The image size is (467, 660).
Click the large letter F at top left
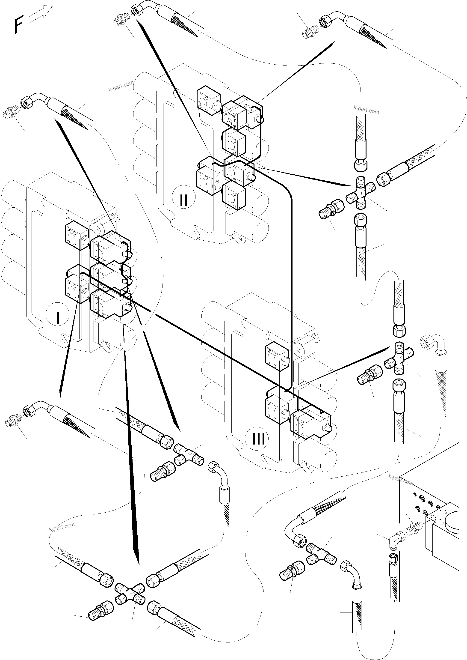[x=18, y=25]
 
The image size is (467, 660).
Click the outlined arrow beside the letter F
[x=41, y=14]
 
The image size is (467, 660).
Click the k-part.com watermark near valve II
[x=121, y=86]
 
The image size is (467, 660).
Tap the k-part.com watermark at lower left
[x=62, y=527]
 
